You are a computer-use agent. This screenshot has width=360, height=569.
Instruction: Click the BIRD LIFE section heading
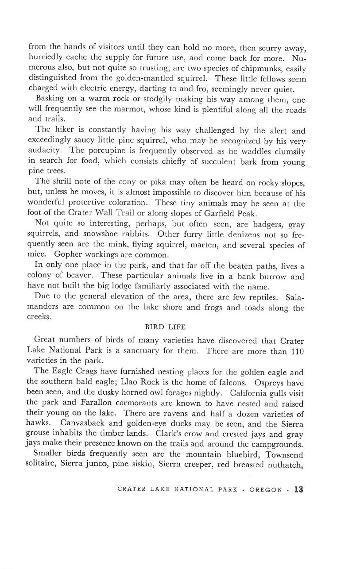(166, 327)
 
